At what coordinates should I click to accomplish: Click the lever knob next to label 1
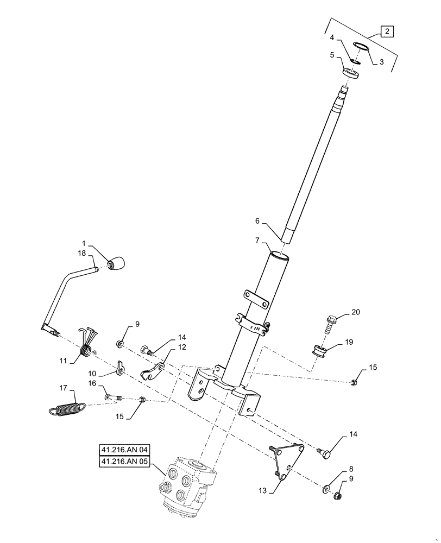point(117,263)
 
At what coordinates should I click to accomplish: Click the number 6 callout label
point(257,221)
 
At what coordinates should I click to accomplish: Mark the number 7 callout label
point(257,239)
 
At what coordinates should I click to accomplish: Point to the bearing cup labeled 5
point(350,73)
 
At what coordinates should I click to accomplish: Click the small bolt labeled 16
point(112,399)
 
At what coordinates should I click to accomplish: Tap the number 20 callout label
point(355,312)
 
